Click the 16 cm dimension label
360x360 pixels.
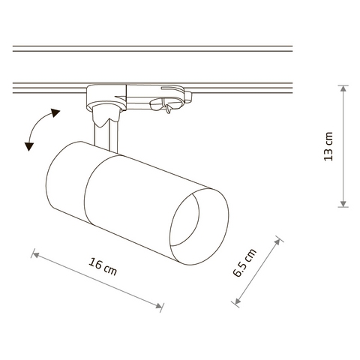[103, 266]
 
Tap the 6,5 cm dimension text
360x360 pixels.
[244, 262]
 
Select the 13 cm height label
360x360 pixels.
[328, 146]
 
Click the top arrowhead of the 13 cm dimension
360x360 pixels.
[343, 88]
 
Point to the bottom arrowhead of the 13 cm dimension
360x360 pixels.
[343, 204]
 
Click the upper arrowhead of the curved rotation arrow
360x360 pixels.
[55, 112]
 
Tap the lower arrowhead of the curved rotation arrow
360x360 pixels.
[29, 146]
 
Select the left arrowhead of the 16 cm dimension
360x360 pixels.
[36, 255]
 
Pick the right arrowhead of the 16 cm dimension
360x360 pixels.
[158, 305]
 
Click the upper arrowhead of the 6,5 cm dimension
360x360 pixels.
[277, 242]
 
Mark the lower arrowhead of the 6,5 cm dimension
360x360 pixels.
[238, 301]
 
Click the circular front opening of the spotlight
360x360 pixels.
[184, 220]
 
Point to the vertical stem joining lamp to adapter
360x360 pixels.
[106, 137]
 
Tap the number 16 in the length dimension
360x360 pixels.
[95, 263]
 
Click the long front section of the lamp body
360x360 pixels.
[150, 208]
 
